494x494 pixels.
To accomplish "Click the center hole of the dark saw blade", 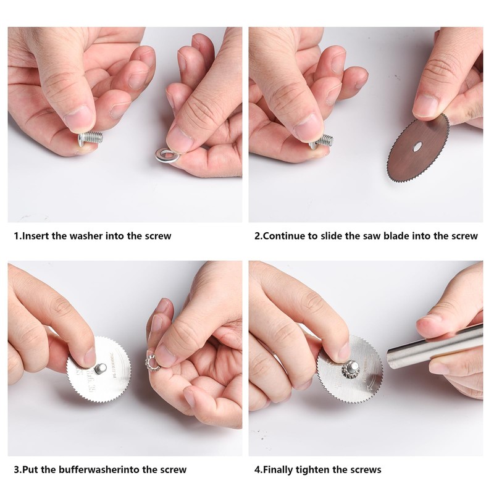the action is point(417,146).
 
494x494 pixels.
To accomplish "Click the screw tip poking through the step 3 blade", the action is point(102,368).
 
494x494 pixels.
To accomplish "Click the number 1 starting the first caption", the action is point(17,236).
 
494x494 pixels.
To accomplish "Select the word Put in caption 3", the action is point(30,469).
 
